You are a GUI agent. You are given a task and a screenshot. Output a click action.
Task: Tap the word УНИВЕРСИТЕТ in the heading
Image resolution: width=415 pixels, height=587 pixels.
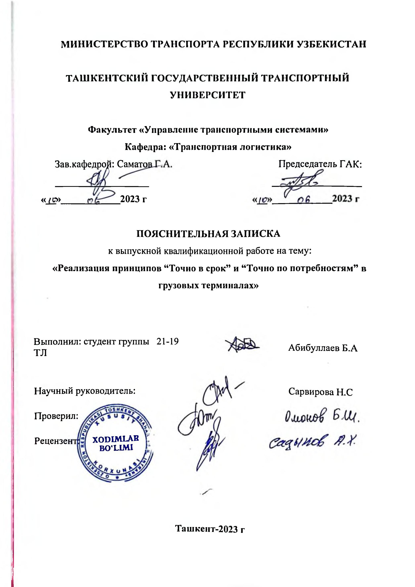click(x=208, y=95)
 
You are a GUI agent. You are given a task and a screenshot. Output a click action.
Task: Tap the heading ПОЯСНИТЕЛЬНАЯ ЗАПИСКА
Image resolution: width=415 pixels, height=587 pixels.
click(x=208, y=234)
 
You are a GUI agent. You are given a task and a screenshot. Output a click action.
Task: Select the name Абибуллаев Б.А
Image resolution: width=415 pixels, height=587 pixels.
click(x=323, y=348)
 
